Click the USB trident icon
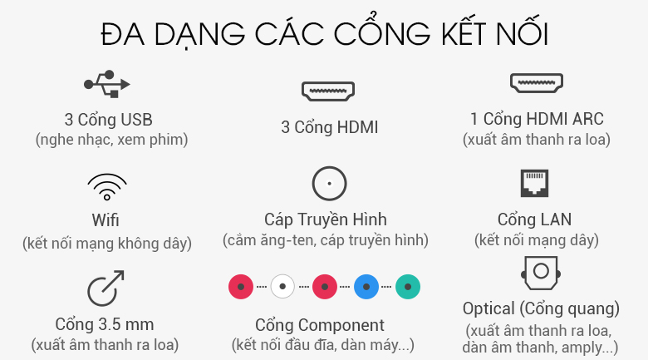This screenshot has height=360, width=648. click(107, 84)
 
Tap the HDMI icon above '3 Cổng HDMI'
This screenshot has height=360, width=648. click(328, 91)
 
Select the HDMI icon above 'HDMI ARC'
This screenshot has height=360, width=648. click(537, 83)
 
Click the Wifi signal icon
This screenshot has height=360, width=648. click(107, 187)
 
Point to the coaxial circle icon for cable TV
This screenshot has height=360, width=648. click(329, 183)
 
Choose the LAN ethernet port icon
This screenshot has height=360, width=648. click(534, 183)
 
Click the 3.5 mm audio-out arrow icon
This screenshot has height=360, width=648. click(106, 288)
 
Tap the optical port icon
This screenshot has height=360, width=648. click(541, 273)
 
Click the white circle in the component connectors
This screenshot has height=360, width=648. click(282, 286)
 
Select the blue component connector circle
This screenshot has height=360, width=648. click(366, 286)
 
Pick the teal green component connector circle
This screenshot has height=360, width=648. click(408, 286)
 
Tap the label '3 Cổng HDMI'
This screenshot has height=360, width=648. click(330, 127)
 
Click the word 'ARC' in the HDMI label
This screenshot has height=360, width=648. click(587, 119)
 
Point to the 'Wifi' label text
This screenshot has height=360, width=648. click(106, 220)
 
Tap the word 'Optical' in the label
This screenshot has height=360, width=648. click(488, 308)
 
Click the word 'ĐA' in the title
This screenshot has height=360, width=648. click(123, 34)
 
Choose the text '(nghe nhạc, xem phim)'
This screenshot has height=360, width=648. click(111, 140)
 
